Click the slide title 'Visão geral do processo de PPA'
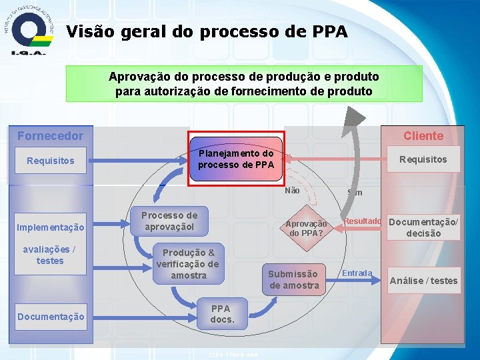click(x=207, y=31)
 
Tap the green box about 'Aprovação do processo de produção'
click(x=243, y=83)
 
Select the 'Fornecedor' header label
click(x=50, y=136)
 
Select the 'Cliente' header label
click(x=423, y=136)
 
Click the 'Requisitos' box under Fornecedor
click(x=50, y=161)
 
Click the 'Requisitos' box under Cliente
click(x=423, y=159)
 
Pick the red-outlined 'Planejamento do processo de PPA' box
click(x=236, y=159)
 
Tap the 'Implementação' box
click(x=50, y=227)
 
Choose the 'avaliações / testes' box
click(x=50, y=255)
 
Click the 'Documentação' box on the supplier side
click(x=50, y=317)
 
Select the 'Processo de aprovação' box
click(x=169, y=221)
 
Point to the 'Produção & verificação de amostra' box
click(x=188, y=264)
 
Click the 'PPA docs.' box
click(x=221, y=314)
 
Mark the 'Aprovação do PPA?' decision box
click(x=307, y=229)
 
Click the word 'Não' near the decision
click(x=292, y=191)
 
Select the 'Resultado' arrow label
click(x=362, y=221)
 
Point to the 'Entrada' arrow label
click(x=357, y=273)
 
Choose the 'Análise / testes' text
click(x=424, y=281)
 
